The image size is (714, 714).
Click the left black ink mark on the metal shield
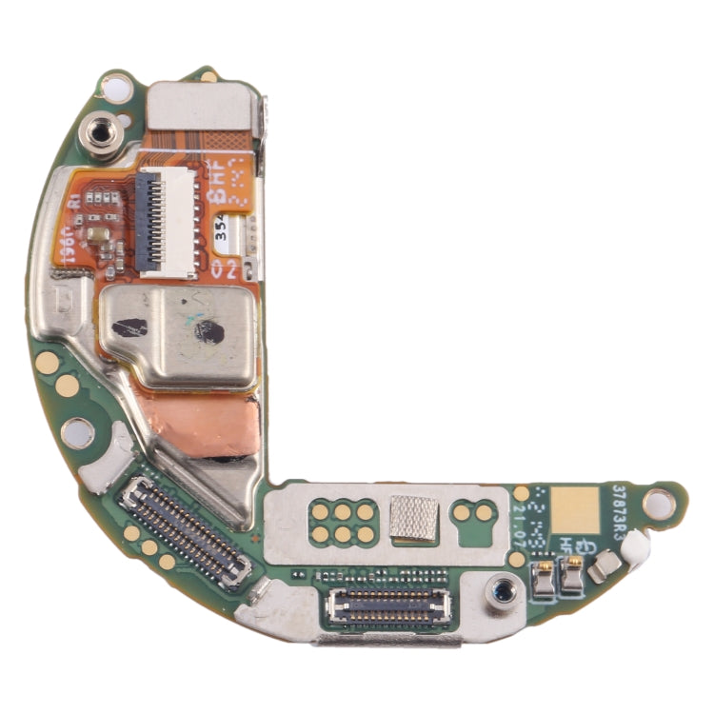[129, 327]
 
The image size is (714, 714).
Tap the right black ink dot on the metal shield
[208, 331]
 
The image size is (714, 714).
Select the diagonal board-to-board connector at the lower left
[186, 528]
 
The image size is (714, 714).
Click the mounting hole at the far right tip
[656, 499]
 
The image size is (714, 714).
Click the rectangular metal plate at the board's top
[204, 106]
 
